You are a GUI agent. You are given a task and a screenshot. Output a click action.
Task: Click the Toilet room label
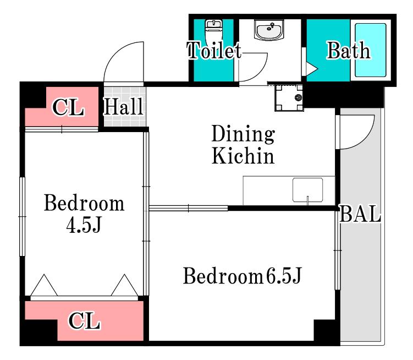tap(214, 50)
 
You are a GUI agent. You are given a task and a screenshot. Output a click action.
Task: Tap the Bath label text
tap(349, 50)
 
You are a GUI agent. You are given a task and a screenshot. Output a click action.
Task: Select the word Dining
tap(243, 134)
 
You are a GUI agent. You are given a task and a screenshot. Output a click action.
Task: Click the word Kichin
tap(243, 156)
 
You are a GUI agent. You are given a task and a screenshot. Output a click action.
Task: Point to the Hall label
tap(123, 106)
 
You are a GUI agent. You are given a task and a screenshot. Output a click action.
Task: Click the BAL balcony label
tap(360, 214)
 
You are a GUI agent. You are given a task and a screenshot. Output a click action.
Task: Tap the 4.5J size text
tap(84, 225)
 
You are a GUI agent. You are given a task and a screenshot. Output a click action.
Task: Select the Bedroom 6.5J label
tap(242, 276)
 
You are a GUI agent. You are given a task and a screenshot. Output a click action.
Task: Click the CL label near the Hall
tap(68, 107)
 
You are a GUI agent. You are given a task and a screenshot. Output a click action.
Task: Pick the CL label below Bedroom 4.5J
tap(84, 321)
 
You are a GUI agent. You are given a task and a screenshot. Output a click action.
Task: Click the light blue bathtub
tap(370, 50)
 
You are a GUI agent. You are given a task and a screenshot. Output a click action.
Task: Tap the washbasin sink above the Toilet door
tap(269, 30)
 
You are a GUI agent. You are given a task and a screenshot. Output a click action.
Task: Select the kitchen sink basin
tap(307, 190)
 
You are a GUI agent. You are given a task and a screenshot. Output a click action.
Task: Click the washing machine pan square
tap(289, 97)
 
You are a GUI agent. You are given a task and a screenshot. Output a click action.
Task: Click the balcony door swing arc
tap(365, 139)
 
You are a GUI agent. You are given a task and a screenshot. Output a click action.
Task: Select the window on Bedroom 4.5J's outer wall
tap(22, 216)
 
